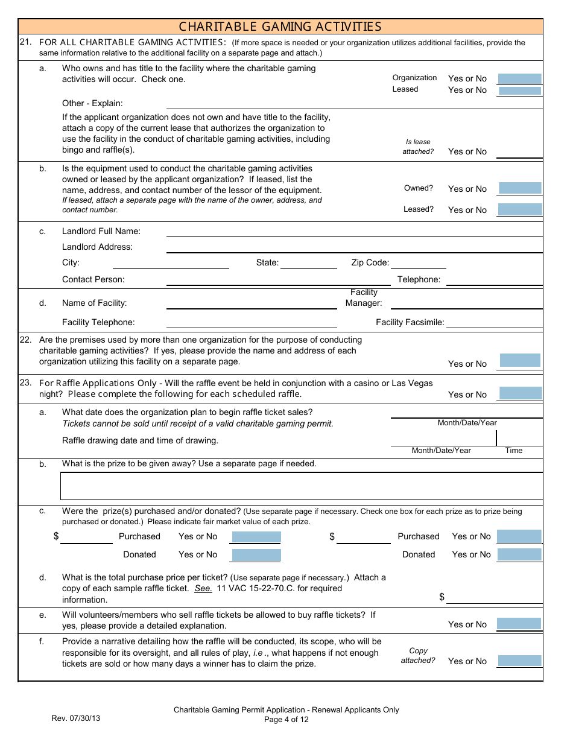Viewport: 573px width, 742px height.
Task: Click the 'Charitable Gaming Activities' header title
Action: [x=280, y=27]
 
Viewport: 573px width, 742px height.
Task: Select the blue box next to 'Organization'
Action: [x=519, y=79]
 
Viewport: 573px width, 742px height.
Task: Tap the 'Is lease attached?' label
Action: [x=418, y=147]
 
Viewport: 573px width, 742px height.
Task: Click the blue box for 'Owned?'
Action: [x=519, y=188]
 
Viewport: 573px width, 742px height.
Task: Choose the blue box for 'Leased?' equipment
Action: [x=519, y=209]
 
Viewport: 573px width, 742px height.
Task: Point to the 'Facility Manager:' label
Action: [x=364, y=297]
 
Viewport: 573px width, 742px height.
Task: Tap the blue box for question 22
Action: [x=520, y=361]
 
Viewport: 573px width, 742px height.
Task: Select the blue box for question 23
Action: [x=520, y=393]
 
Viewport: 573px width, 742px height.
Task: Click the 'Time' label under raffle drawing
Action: [x=513, y=451]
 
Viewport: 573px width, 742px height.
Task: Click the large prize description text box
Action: [x=302, y=486]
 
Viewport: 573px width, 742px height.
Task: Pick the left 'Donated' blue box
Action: [x=256, y=555]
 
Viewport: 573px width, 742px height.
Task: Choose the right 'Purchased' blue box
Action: [x=519, y=536]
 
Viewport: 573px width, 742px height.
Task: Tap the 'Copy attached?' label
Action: [x=418, y=656]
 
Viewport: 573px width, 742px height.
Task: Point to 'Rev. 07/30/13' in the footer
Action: [x=76, y=718]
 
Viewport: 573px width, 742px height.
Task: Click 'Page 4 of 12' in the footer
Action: [x=286, y=719]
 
